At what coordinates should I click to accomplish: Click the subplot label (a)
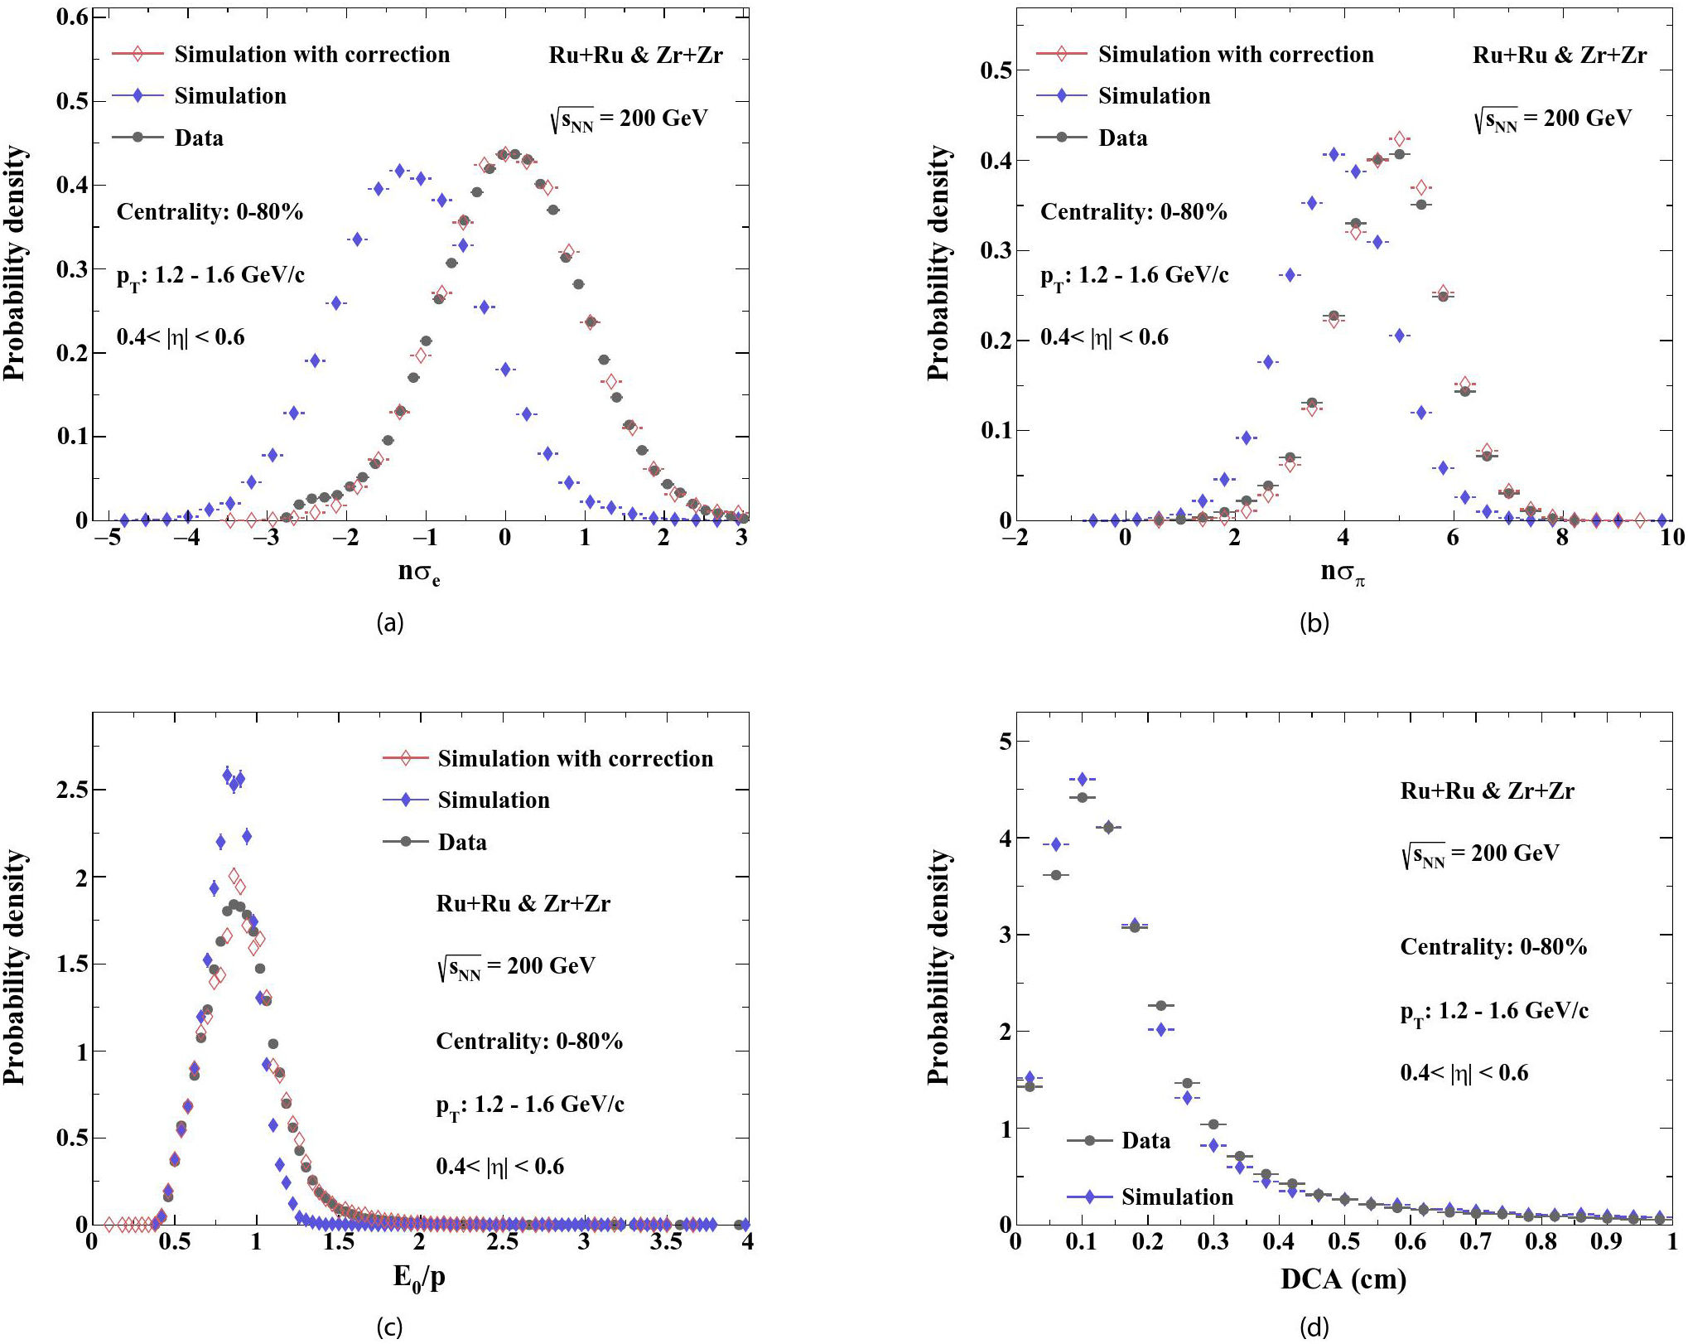point(390,622)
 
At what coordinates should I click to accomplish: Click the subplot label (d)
point(1314,1327)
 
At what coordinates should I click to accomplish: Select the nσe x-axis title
point(419,573)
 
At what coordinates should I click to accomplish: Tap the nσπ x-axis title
point(1343,573)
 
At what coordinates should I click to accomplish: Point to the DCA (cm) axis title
point(1343,1279)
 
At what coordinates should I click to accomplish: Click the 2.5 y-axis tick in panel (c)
point(72,790)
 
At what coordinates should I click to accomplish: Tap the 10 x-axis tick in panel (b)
point(1671,537)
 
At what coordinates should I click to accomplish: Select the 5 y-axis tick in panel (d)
point(1006,741)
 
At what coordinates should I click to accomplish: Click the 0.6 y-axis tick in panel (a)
point(72,17)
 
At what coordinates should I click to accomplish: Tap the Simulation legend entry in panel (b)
point(1123,96)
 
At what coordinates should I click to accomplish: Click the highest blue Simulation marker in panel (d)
point(1082,779)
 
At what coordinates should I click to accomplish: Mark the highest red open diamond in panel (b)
point(1399,139)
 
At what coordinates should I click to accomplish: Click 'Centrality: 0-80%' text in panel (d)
point(1493,946)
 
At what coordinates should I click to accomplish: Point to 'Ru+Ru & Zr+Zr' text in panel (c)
point(523,903)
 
